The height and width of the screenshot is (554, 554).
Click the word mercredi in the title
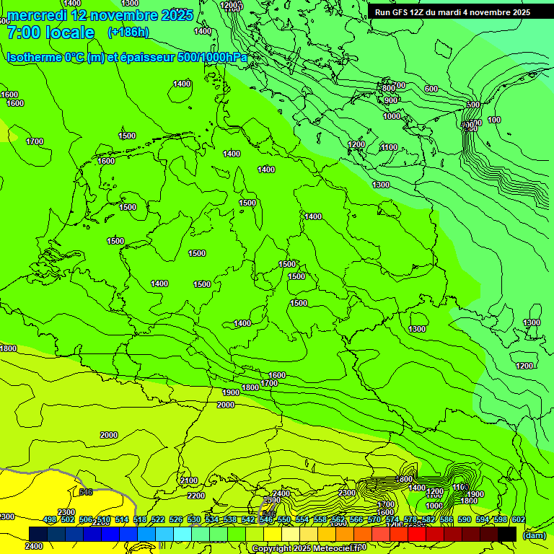coord(36,15)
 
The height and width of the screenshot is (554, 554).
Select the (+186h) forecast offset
coord(128,32)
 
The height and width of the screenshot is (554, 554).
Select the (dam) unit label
coord(534,535)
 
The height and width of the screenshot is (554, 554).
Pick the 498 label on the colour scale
coord(50,519)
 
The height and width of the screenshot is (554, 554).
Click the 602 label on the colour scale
coord(518,519)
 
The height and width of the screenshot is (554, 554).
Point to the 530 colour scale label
coord(194,519)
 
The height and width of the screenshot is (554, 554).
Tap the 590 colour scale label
coord(464,519)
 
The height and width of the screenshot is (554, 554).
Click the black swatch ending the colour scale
coord(507,534)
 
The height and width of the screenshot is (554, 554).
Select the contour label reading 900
coord(391,100)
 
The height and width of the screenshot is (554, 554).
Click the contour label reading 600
coord(431,89)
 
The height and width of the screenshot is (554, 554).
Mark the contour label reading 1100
coord(389,147)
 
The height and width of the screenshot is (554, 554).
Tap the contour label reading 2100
coord(189,480)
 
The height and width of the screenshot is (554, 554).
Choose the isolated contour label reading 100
coord(494,120)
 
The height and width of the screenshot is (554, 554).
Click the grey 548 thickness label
coord(86,492)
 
